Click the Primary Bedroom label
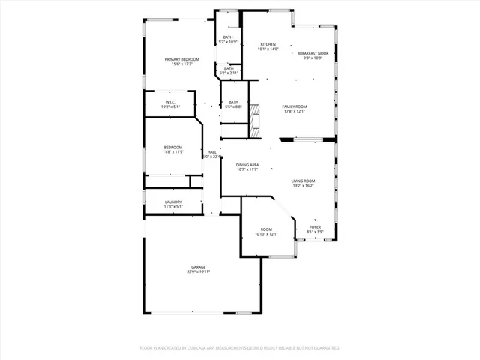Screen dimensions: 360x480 tap(181, 58)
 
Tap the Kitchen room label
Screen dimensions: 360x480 tap(268, 44)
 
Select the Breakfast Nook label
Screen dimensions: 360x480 tap(313, 53)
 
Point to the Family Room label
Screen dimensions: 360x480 tap(294, 106)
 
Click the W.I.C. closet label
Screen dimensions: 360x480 tap(170, 103)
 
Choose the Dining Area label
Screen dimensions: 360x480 tap(247, 164)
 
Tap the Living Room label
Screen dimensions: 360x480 tap(303, 181)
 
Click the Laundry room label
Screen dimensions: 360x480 tap(173, 202)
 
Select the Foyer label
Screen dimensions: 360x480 tap(315, 226)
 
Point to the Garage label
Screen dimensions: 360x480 tap(198, 267)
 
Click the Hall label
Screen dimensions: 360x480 tap(212, 152)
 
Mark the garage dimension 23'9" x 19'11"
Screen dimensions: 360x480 tap(198, 271)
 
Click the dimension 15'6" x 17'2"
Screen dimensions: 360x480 tap(181, 63)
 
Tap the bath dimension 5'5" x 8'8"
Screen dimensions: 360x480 tap(233, 106)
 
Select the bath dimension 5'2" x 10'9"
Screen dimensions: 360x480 tap(228, 42)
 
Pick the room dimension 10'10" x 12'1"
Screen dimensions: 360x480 tap(266, 234)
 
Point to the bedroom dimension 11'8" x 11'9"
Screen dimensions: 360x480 tap(173, 152)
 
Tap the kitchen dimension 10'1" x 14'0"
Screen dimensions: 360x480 tap(268, 49)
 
